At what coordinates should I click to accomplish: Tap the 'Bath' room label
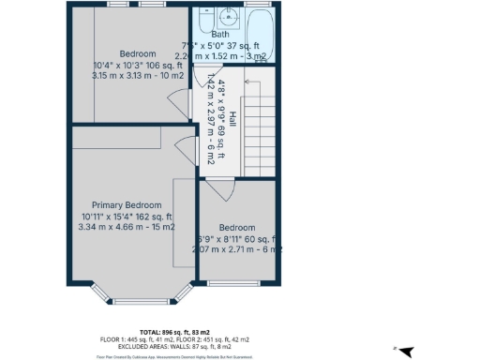pos(220,35)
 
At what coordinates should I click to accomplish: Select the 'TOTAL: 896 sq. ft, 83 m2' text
pos(173,332)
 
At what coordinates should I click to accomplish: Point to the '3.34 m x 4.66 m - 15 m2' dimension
pos(126,226)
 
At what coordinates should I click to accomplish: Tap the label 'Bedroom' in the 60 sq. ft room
pos(236,228)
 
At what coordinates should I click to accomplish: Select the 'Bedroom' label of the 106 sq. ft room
pos(137,53)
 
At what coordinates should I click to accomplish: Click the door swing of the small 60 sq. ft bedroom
pos(217,190)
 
